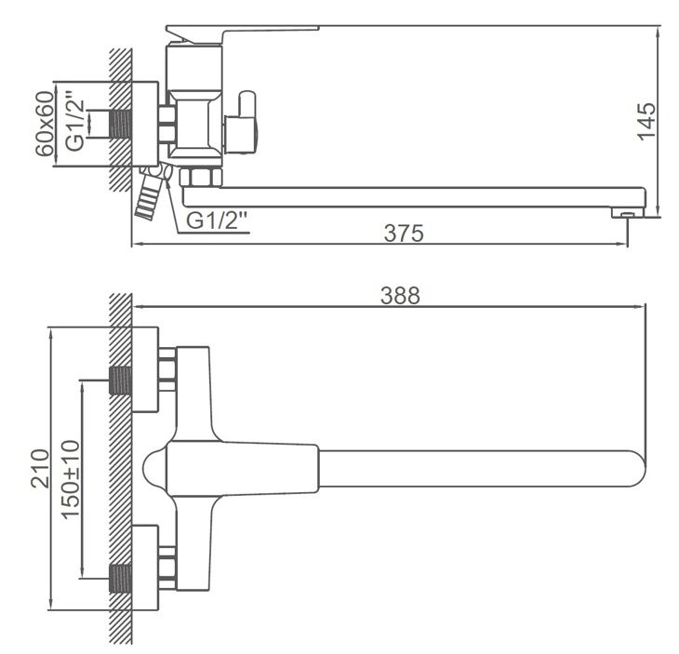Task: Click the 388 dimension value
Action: click(401, 296)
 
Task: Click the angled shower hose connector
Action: click(148, 194)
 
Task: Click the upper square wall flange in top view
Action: click(147, 370)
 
